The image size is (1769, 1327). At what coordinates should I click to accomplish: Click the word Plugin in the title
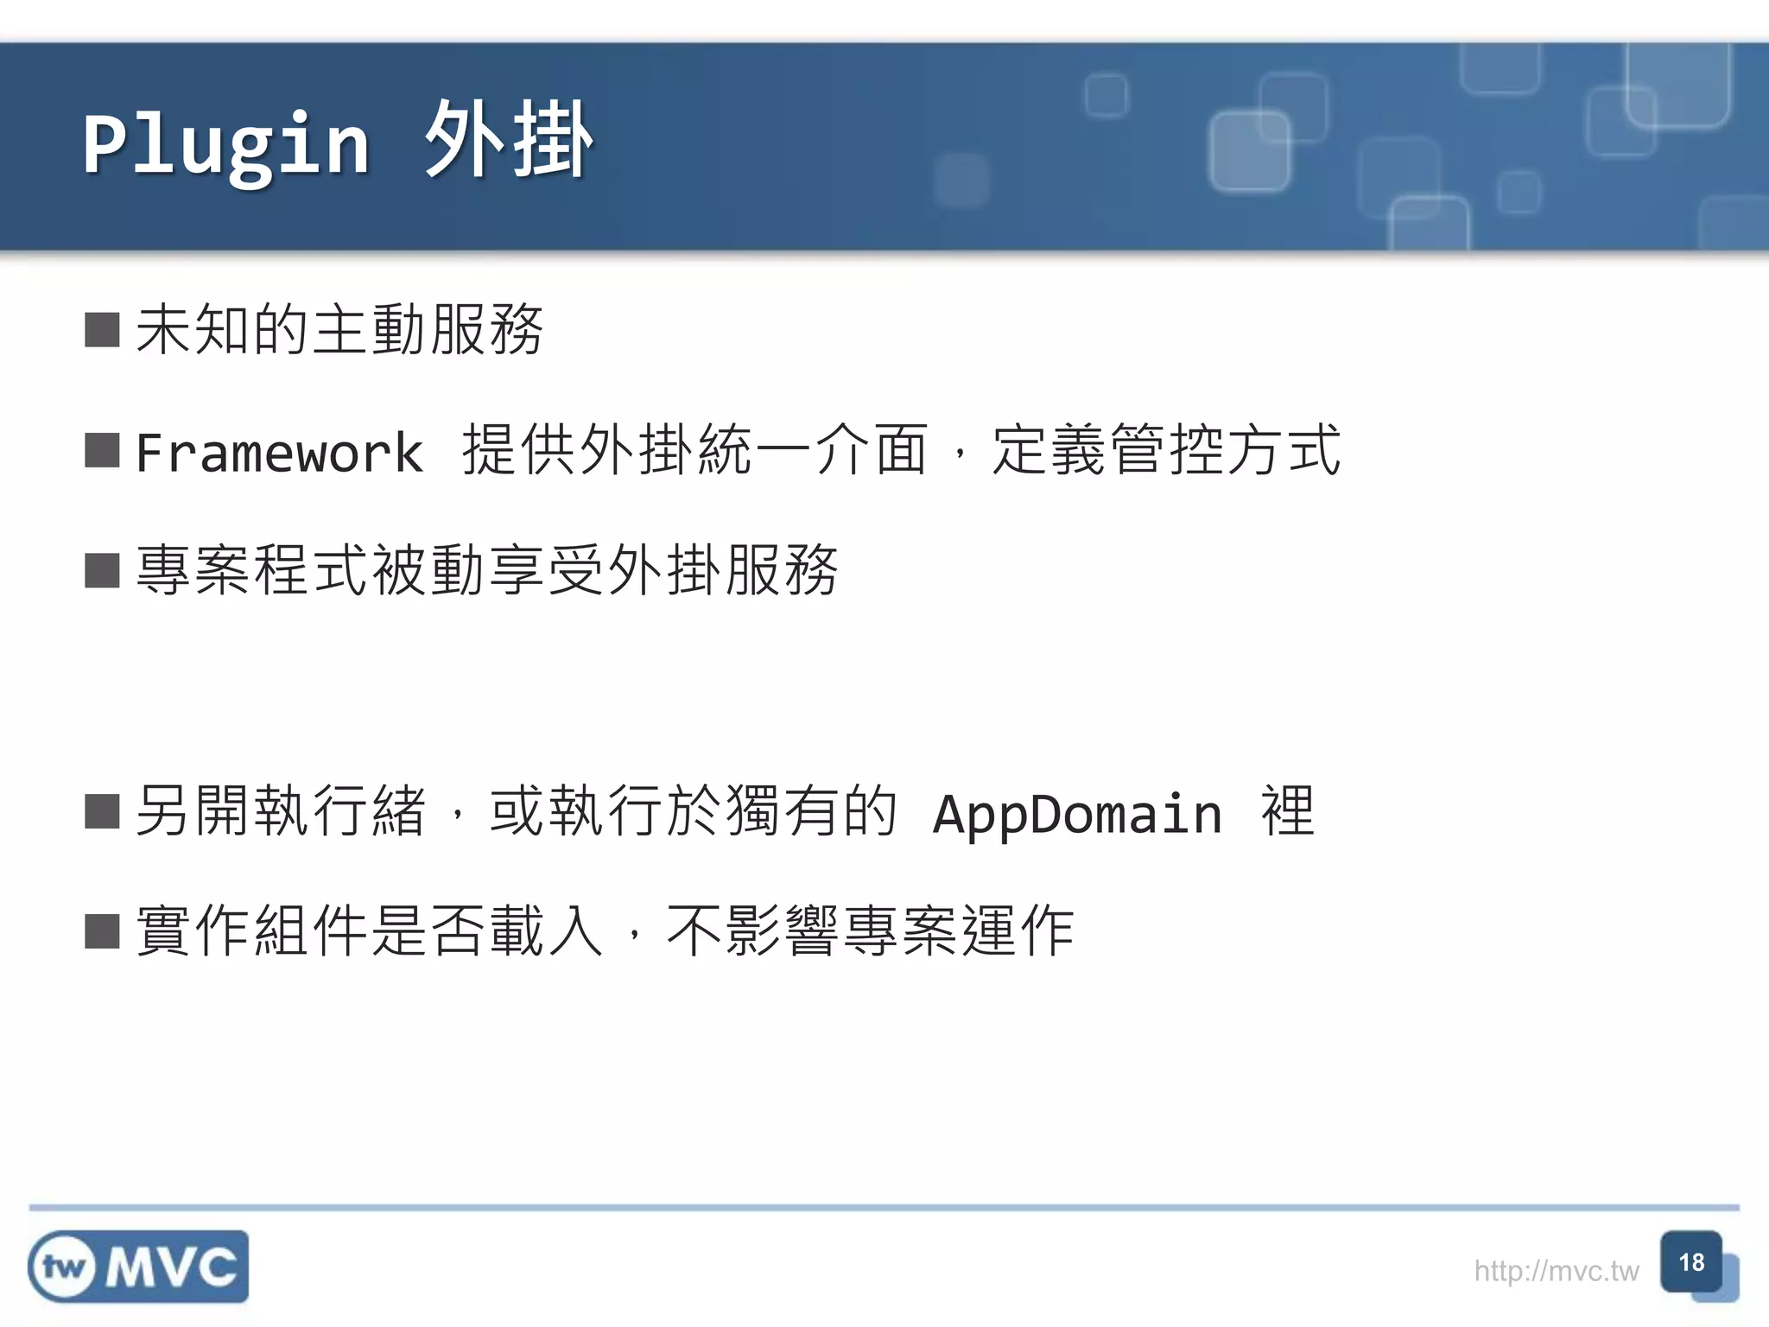coord(226,143)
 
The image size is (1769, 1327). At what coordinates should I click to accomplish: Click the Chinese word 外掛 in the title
coord(508,140)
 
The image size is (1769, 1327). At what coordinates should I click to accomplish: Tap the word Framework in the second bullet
coord(279,452)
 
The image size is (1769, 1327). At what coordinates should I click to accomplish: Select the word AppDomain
coord(1077,813)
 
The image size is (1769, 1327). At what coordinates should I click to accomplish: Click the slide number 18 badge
coord(1691,1262)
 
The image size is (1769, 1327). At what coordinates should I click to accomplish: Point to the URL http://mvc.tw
coord(1556,1271)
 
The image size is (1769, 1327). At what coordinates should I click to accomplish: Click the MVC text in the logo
coord(172,1267)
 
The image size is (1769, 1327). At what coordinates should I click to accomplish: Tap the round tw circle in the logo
coord(63,1267)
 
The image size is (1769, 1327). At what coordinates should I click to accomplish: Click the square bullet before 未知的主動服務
coord(102,330)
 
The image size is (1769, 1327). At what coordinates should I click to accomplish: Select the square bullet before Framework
coord(102,451)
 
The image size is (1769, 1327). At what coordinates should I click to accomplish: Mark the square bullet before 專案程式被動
coord(102,571)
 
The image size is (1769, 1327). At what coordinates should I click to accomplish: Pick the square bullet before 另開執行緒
coord(102,812)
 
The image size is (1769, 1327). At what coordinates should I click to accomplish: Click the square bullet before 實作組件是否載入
coord(102,932)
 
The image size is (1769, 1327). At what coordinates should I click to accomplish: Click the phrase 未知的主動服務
coord(339,330)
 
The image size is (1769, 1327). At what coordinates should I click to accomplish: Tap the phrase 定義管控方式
coord(1166,450)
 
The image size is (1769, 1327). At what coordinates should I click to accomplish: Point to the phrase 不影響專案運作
coord(870,931)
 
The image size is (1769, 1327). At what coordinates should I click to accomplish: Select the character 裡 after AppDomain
coord(1288,811)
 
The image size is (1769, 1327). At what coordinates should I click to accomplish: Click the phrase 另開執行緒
coord(281,811)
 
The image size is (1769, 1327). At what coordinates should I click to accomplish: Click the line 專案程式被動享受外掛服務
coord(487,570)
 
